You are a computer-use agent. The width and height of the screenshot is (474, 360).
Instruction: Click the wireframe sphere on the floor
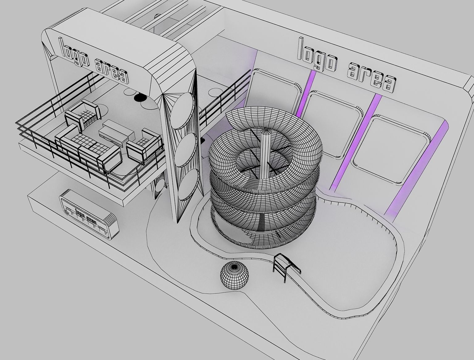[x=234, y=275]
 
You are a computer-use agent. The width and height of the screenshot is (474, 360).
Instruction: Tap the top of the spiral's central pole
[x=266, y=131]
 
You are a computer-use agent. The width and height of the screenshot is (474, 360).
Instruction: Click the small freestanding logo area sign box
[x=89, y=214]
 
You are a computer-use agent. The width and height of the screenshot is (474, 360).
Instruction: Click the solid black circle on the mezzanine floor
[x=140, y=97]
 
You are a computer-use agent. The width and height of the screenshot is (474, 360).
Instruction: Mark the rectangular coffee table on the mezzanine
[x=116, y=132]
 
